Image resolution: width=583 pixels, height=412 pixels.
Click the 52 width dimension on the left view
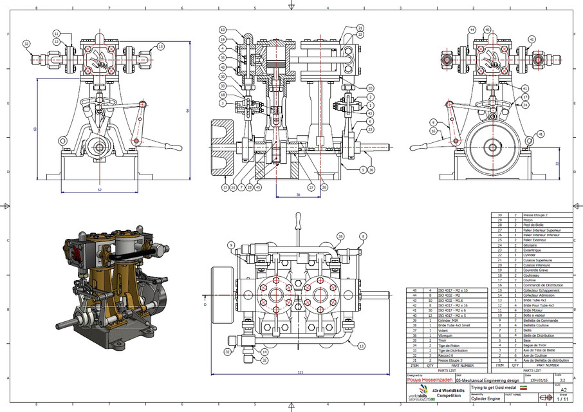[x=99, y=190]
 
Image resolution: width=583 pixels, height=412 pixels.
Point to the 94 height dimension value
[x=187, y=111]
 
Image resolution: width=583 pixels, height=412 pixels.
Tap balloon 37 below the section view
[x=225, y=188]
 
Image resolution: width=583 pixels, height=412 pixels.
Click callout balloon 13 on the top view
[x=362, y=346]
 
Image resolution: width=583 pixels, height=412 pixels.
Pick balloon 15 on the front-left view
[x=161, y=46]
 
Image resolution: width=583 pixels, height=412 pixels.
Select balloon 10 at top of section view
[x=222, y=30]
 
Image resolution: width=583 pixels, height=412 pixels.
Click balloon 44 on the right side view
[x=472, y=30]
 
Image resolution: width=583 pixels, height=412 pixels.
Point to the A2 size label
[x=564, y=389]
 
